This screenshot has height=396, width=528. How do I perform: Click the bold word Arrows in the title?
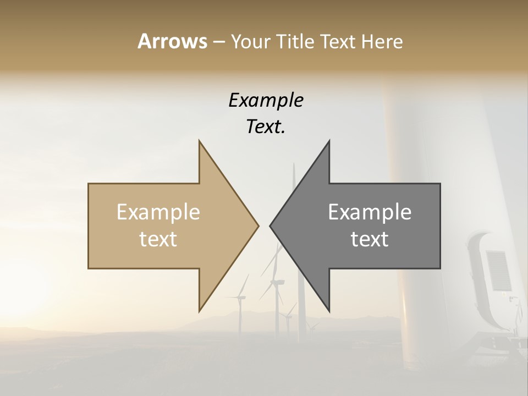(x=172, y=41)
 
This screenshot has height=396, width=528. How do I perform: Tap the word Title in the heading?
(x=294, y=41)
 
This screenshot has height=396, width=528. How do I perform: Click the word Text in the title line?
(x=339, y=41)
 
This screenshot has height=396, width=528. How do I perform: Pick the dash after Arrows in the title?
(x=218, y=42)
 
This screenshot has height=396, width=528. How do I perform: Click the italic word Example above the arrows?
(x=266, y=100)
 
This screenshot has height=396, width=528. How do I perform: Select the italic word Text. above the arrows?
(x=266, y=127)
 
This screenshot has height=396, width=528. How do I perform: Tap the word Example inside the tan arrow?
(x=158, y=212)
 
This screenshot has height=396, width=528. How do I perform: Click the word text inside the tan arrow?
(x=158, y=239)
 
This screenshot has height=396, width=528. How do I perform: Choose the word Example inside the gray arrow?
(x=370, y=212)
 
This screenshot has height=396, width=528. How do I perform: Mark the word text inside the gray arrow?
(x=370, y=239)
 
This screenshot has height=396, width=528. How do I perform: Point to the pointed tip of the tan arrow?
(x=257, y=226)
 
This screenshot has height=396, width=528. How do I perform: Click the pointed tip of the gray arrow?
(x=271, y=226)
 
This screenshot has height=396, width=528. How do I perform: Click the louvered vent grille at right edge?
(x=498, y=269)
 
